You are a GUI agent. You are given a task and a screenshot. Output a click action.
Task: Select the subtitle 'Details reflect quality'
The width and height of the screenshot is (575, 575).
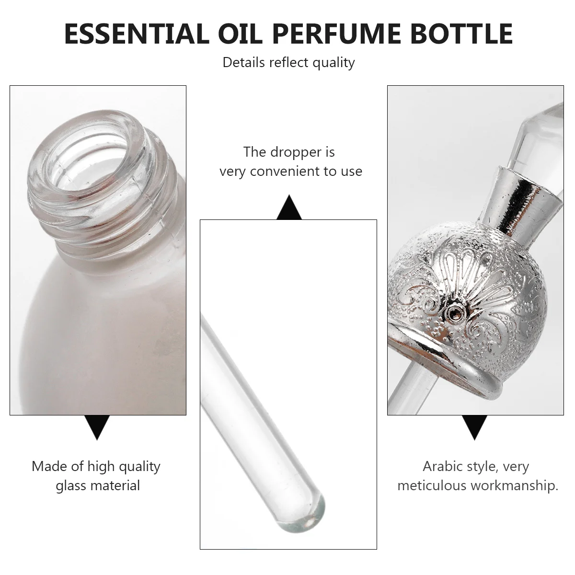tap(288, 62)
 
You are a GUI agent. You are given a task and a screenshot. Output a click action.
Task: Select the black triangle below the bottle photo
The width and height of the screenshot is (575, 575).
tap(98, 427)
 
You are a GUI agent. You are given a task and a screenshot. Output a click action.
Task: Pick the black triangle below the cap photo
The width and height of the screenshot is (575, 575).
tap(474, 427)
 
